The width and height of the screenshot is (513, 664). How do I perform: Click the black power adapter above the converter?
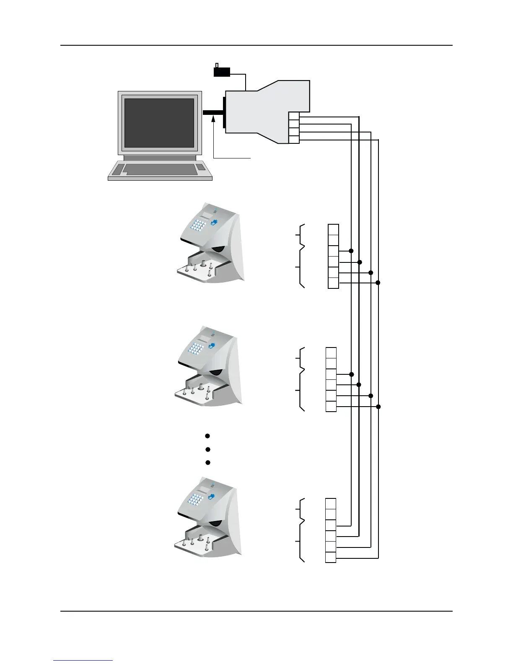[x=222, y=72]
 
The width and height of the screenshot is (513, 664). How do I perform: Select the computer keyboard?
[x=160, y=170]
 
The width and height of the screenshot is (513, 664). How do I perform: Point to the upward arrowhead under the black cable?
[x=214, y=120]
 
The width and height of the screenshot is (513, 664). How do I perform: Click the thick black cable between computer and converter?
[x=213, y=112]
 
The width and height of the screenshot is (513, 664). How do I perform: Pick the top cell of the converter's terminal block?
[x=294, y=116]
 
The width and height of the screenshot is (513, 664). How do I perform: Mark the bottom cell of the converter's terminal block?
[x=294, y=140]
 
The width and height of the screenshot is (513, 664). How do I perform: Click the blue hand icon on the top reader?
[x=215, y=220]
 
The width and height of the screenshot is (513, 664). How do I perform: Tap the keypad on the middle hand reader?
[x=195, y=348]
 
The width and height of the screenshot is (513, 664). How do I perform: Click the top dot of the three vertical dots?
[x=207, y=436]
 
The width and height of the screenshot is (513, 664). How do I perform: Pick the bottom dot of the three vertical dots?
[x=207, y=462]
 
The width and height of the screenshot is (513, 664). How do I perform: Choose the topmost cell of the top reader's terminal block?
[x=333, y=230]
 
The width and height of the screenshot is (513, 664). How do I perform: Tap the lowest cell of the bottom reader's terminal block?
[x=331, y=558]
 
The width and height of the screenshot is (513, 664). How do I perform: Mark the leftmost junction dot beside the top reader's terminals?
[x=351, y=251]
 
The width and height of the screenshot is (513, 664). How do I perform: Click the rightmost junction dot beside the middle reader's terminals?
[x=378, y=407]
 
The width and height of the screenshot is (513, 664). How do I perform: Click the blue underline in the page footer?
[x=83, y=661]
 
